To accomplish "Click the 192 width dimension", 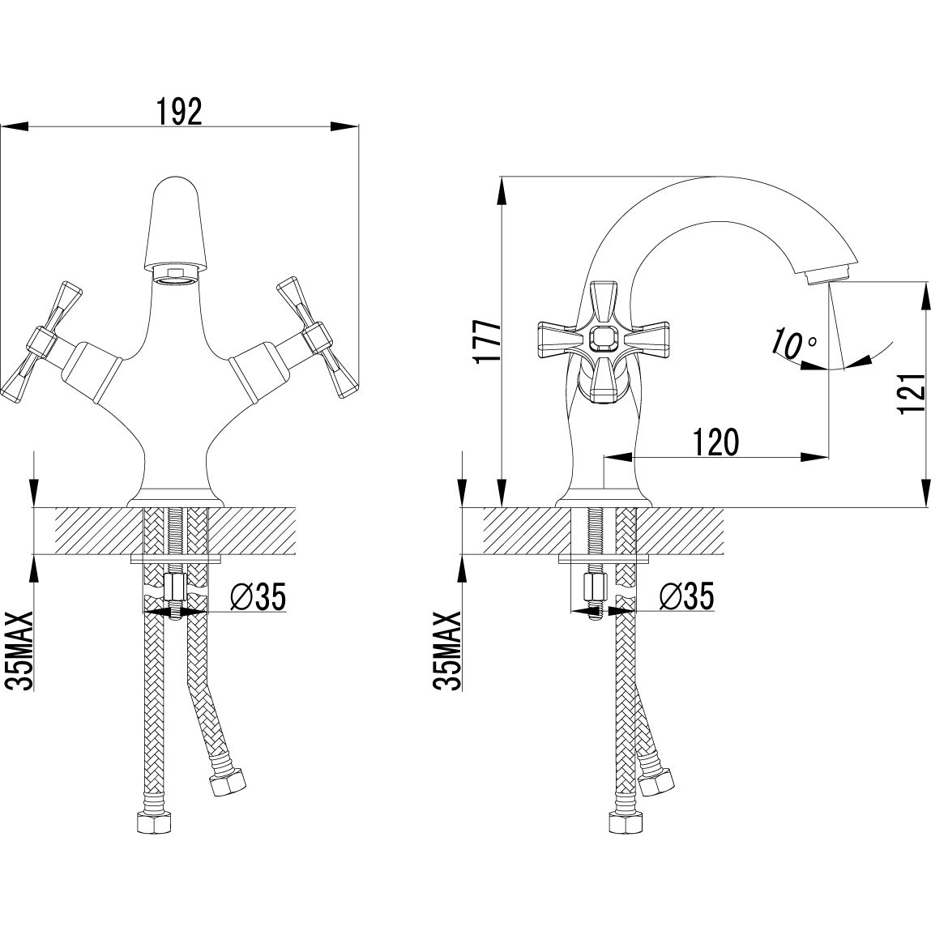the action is point(179,111).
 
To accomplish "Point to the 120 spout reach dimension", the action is point(716,442).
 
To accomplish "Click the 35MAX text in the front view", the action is point(19,651).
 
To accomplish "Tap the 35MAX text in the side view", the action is point(447,651).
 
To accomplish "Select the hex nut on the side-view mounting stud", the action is point(595,587).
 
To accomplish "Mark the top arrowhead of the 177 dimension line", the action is point(502,191).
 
